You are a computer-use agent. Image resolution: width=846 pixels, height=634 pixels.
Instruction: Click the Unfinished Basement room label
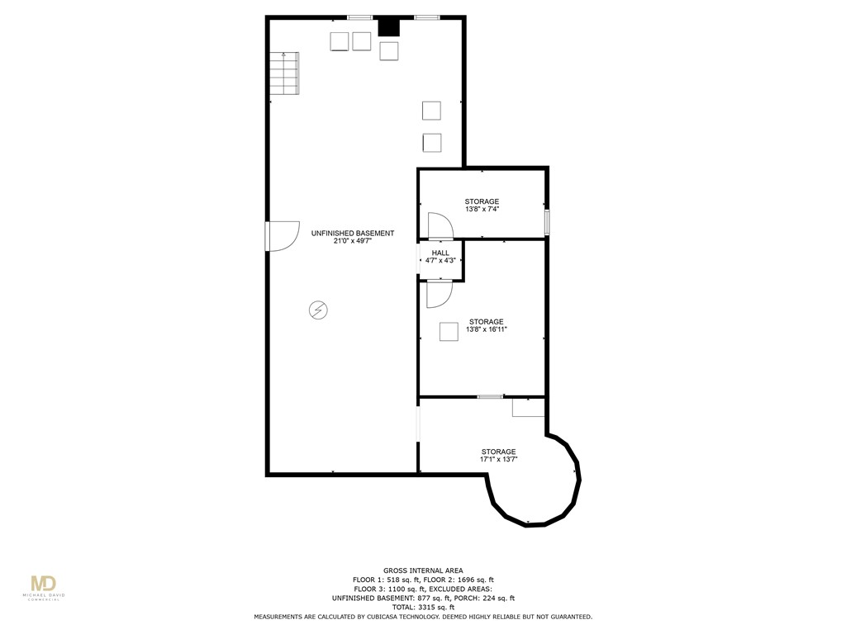tap(352, 234)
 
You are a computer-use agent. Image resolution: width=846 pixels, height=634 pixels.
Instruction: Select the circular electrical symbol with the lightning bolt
tap(317, 310)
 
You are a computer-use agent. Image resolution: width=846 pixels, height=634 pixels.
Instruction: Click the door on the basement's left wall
tap(281, 236)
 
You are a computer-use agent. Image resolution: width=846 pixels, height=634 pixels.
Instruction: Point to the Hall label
tap(440, 253)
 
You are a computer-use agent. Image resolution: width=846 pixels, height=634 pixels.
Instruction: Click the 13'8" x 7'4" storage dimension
tap(482, 210)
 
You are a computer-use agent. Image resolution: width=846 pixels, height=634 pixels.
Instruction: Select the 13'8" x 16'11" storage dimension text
tap(486, 329)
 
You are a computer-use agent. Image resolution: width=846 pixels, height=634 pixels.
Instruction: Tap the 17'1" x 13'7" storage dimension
tap(499, 459)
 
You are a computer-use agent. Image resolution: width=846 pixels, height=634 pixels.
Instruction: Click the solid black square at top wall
tap(388, 27)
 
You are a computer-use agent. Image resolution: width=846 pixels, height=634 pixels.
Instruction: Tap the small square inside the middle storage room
tap(449, 332)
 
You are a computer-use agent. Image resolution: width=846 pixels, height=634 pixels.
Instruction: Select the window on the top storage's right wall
tap(547, 223)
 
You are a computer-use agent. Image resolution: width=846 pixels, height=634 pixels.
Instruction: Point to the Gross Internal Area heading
tap(423, 570)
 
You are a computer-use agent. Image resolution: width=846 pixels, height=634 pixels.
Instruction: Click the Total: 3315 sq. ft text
tap(423, 608)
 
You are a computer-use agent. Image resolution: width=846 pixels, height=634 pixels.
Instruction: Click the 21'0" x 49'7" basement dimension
tap(352, 243)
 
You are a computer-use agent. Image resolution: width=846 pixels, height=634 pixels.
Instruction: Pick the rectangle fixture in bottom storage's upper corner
tap(528, 407)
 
